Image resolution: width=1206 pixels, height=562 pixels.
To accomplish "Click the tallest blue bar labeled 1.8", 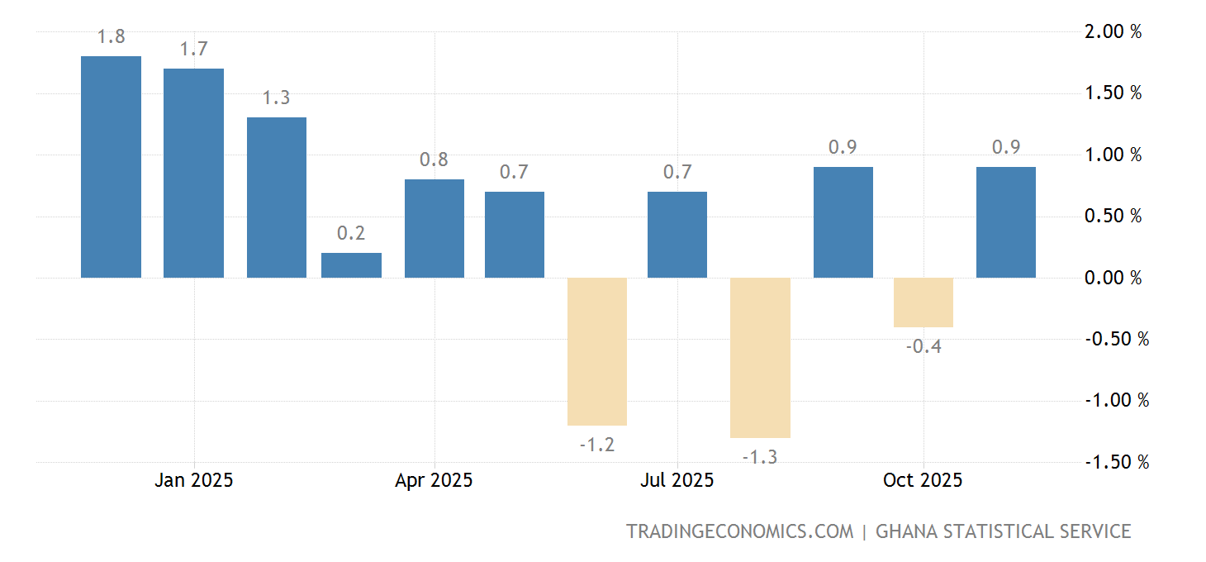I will (x=111, y=167).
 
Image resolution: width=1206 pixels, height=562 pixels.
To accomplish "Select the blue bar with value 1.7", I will (x=193, y=173).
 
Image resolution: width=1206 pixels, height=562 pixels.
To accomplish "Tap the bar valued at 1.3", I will (x=276, y=198).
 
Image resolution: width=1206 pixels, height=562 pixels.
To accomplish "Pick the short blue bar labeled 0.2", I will (x=351, y=265).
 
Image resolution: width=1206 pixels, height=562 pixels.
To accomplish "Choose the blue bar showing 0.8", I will (x=434, y=228).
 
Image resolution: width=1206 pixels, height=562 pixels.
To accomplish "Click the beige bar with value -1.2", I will (x=597, y=351).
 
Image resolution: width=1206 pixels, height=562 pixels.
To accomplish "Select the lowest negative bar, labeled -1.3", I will (x=760, y=357).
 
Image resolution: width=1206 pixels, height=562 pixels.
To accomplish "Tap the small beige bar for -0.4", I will (x=923, y=302).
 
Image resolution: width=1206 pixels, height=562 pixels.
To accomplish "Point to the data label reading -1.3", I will (x=760, y=457).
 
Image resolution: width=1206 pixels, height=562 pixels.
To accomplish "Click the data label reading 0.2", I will (x=351, y=234).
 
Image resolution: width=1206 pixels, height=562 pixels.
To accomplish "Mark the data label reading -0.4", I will (x=923, y=347).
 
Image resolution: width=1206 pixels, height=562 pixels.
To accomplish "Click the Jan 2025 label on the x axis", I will (x=193, y=480).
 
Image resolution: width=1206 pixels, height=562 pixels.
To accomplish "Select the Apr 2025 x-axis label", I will (x=434, y=480).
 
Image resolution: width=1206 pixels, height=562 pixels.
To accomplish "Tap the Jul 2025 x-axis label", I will (x=677, y=480).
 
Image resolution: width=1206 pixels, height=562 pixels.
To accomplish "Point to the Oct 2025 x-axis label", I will (x=923, y=480).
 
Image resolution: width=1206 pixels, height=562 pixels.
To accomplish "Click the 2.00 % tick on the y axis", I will (x=1113, y=31).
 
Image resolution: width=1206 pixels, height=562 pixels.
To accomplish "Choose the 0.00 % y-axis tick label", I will (x=1113, y=278).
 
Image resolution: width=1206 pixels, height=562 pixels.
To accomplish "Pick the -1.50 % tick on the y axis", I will (x=1115, y=462).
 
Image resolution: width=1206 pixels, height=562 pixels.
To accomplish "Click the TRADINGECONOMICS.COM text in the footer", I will (x=739, y=531).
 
